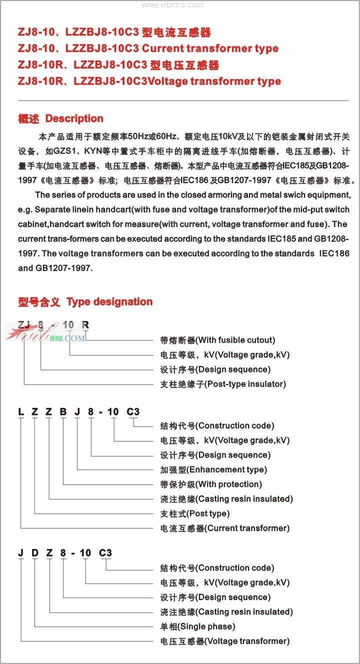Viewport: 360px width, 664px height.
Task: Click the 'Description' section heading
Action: coord(74,118)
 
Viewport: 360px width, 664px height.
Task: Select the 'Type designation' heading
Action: coord(109,301)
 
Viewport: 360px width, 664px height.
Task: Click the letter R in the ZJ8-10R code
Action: coord(85,324)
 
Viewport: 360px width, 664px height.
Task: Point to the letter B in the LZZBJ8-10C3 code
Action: coord(63,412)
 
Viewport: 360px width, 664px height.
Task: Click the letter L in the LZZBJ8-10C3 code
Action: coord(21,412)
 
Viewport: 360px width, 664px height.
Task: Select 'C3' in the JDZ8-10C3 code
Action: coord(105,553)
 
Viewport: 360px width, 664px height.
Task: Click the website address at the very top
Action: coord(172,5)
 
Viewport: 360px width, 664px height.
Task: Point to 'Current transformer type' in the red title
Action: coord(210,48)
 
